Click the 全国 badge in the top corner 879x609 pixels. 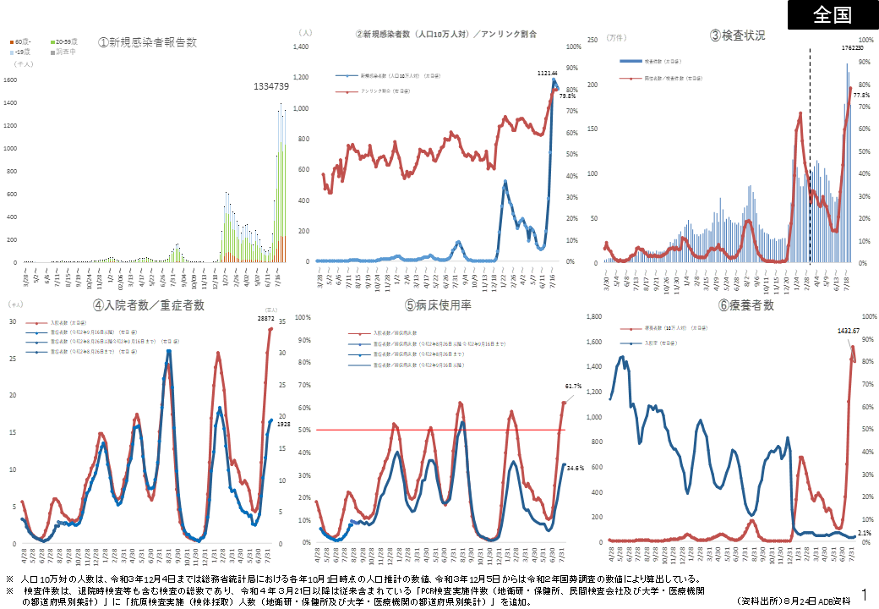pos(833,15)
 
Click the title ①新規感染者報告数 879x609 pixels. pos(147,42)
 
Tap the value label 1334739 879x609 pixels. pos(271,86)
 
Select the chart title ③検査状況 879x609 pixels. pos(737,36)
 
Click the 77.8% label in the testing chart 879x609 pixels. pos(861,95)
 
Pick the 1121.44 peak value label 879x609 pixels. pos(549,74)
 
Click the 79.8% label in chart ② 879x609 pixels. pos(567,96)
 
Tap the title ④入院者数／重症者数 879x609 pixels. pos(149,305)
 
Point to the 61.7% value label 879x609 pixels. pos(573,387)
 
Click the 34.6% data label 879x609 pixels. pos(576,467)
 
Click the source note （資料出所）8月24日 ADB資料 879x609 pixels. pos(793,600)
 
